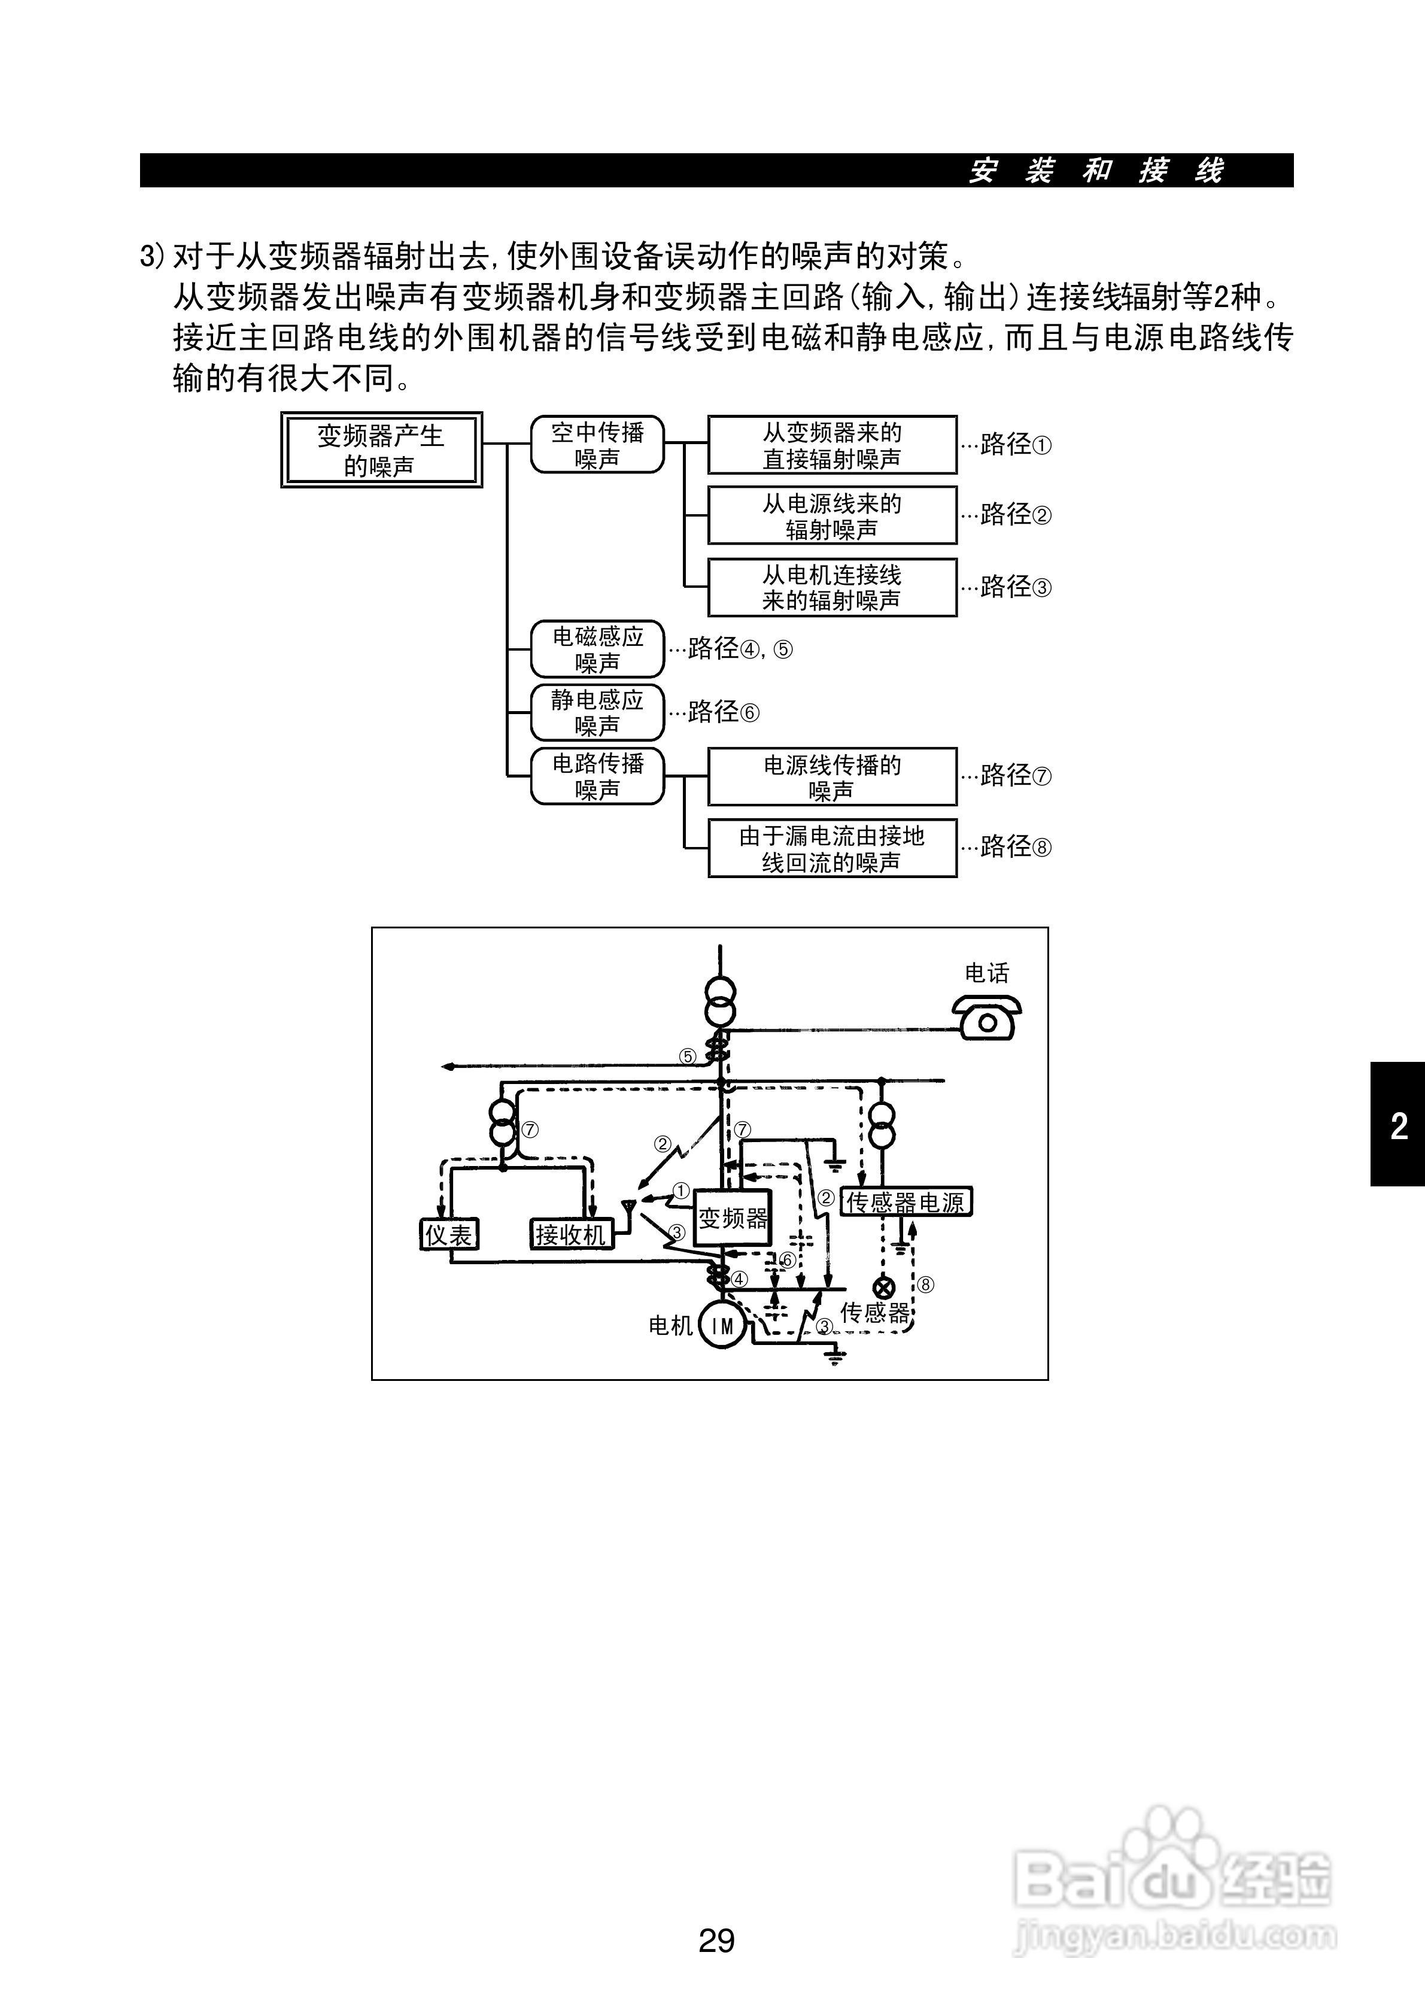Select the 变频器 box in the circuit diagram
click(733, 1217)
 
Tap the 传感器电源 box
click(906, 1202)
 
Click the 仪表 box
click(449, 1234)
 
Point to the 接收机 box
click(571, 1234)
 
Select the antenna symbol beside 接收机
click(628, 1209)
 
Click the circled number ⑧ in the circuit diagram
click(925, 1285)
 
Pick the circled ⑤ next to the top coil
click(688, 1056)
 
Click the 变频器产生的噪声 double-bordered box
click(381, 450)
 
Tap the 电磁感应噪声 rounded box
click(597, 649)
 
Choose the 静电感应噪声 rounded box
click(597, 712)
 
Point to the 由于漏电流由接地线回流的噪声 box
click(831, 848)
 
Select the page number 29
click(716, 1939)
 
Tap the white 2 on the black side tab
click(1399, 1126)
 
